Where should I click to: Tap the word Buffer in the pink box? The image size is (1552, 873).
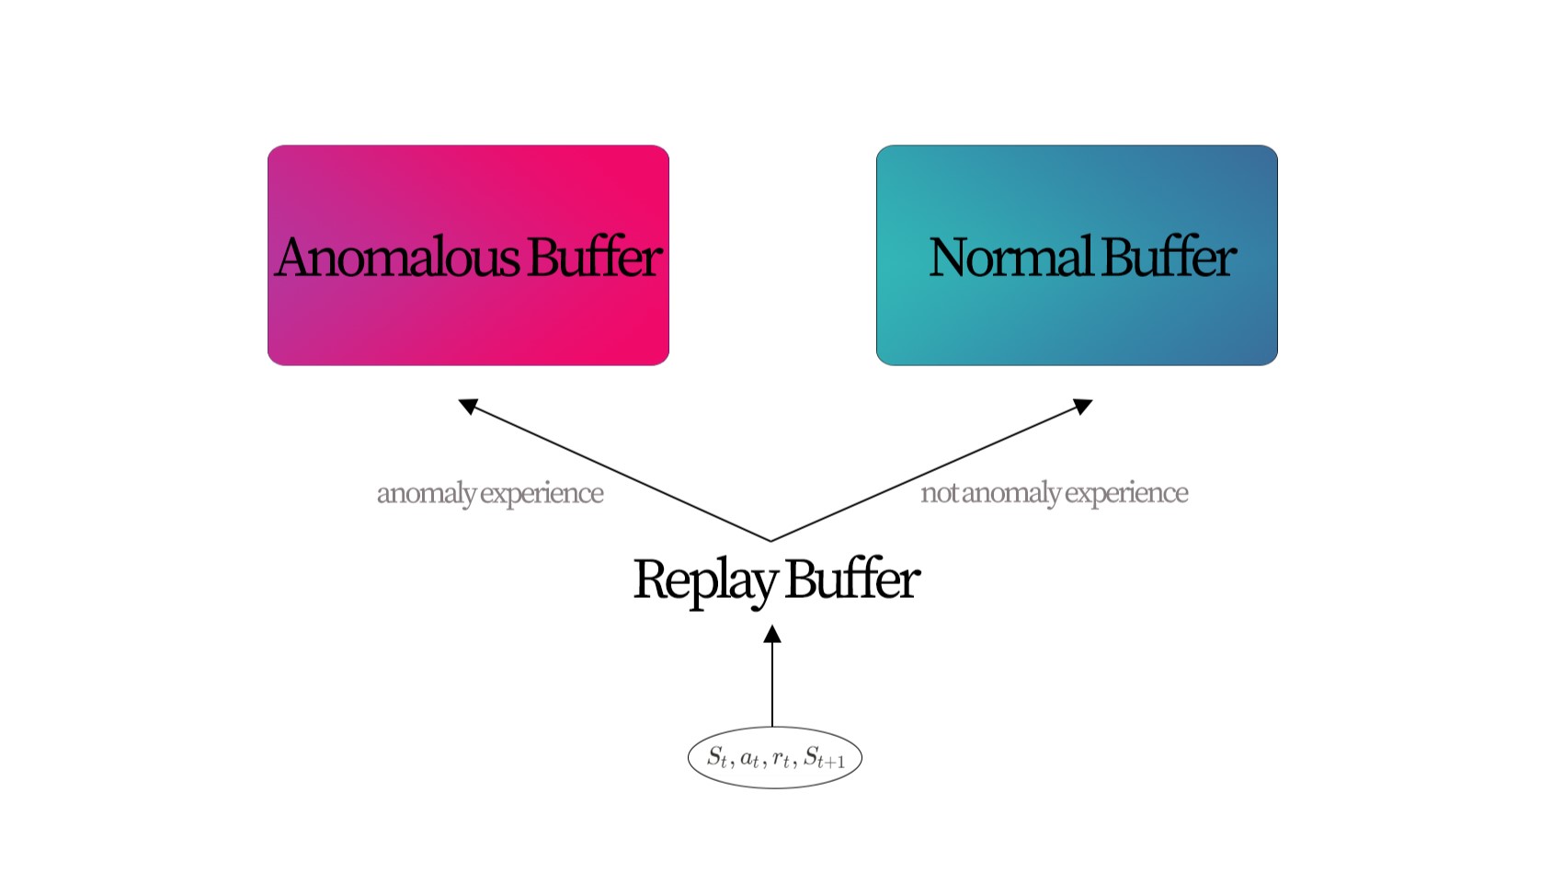point(594,258)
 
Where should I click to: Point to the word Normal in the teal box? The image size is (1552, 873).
point(1010,258)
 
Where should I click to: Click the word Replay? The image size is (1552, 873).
point(704,580)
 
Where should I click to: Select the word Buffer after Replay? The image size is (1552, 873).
point(851,579)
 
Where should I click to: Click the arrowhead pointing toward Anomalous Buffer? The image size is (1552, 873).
point(468,406)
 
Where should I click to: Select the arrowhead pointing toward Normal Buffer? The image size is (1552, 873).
point(1083,406)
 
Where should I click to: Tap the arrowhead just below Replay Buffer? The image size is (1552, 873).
point(772,634)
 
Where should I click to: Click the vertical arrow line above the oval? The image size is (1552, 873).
point(772,685)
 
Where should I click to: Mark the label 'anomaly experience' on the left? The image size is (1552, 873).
point(490,494)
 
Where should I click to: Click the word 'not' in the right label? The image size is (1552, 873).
point(939,493)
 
